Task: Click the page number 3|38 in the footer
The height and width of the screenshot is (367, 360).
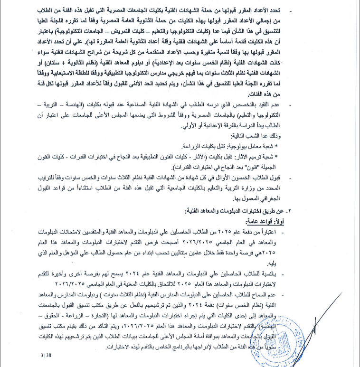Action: coord(46,354)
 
